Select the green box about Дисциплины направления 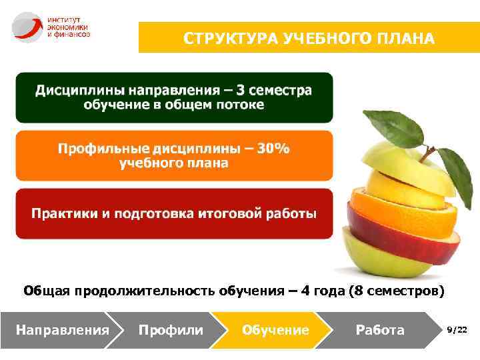point(173,97)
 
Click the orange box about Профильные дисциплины point(173,155)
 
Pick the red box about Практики point(173,214)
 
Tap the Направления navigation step point(61,330)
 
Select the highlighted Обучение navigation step point(275,330)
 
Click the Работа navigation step point(380,330)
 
